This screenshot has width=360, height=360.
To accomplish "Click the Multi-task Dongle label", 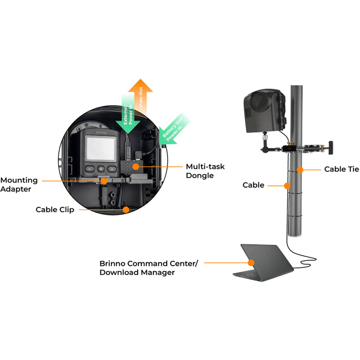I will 205,171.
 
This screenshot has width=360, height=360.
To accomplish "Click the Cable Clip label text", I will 55,210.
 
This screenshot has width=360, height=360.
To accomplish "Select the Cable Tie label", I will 342,169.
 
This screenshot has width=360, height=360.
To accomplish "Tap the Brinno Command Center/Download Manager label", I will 148,267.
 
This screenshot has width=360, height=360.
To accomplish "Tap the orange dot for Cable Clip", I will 126,209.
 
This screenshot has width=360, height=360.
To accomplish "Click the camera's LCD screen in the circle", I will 100,148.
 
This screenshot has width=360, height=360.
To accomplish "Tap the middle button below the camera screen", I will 101,169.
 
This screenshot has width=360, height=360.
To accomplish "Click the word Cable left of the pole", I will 253,185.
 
